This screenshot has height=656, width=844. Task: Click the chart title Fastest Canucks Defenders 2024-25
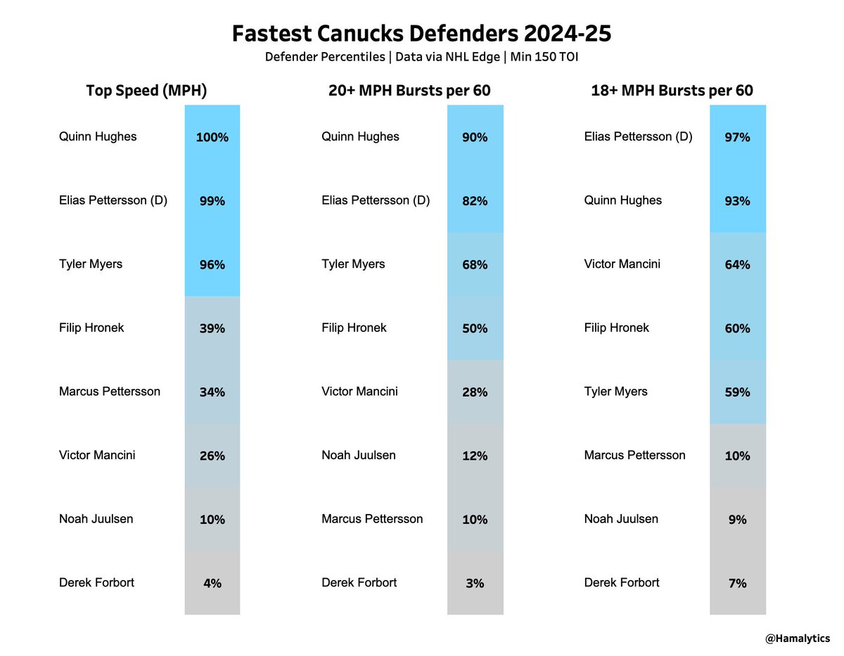[421, 33]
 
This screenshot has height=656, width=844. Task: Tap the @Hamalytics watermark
[797, 639]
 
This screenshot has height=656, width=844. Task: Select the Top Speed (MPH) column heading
[146, 91]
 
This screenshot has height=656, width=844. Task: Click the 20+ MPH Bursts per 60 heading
[409, 91]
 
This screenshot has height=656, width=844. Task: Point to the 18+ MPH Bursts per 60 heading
[672, 91]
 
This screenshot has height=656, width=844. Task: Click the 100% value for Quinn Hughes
[212, 137]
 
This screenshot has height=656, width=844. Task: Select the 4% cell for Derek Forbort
[212, 583]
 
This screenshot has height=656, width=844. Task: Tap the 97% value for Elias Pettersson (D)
[737, 137]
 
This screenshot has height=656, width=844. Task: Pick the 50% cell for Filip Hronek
[475, 328]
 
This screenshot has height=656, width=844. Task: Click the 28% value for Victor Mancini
[475, 392]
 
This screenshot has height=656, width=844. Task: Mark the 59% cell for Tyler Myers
[737, 392]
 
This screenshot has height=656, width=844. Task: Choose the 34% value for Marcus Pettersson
[212, 392]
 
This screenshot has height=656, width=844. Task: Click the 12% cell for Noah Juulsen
[475, 456]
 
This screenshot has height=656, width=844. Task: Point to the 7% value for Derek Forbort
[737, 583]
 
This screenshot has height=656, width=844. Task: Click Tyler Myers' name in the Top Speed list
[91, 264]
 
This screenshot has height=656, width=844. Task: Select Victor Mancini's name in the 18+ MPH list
[622, 264]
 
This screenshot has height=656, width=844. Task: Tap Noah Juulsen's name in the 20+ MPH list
[359, 456]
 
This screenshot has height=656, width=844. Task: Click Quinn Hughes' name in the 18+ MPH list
[622, 200]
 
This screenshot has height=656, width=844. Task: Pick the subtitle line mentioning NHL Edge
[421, 56]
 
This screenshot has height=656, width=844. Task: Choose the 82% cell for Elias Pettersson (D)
[475, 201]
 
